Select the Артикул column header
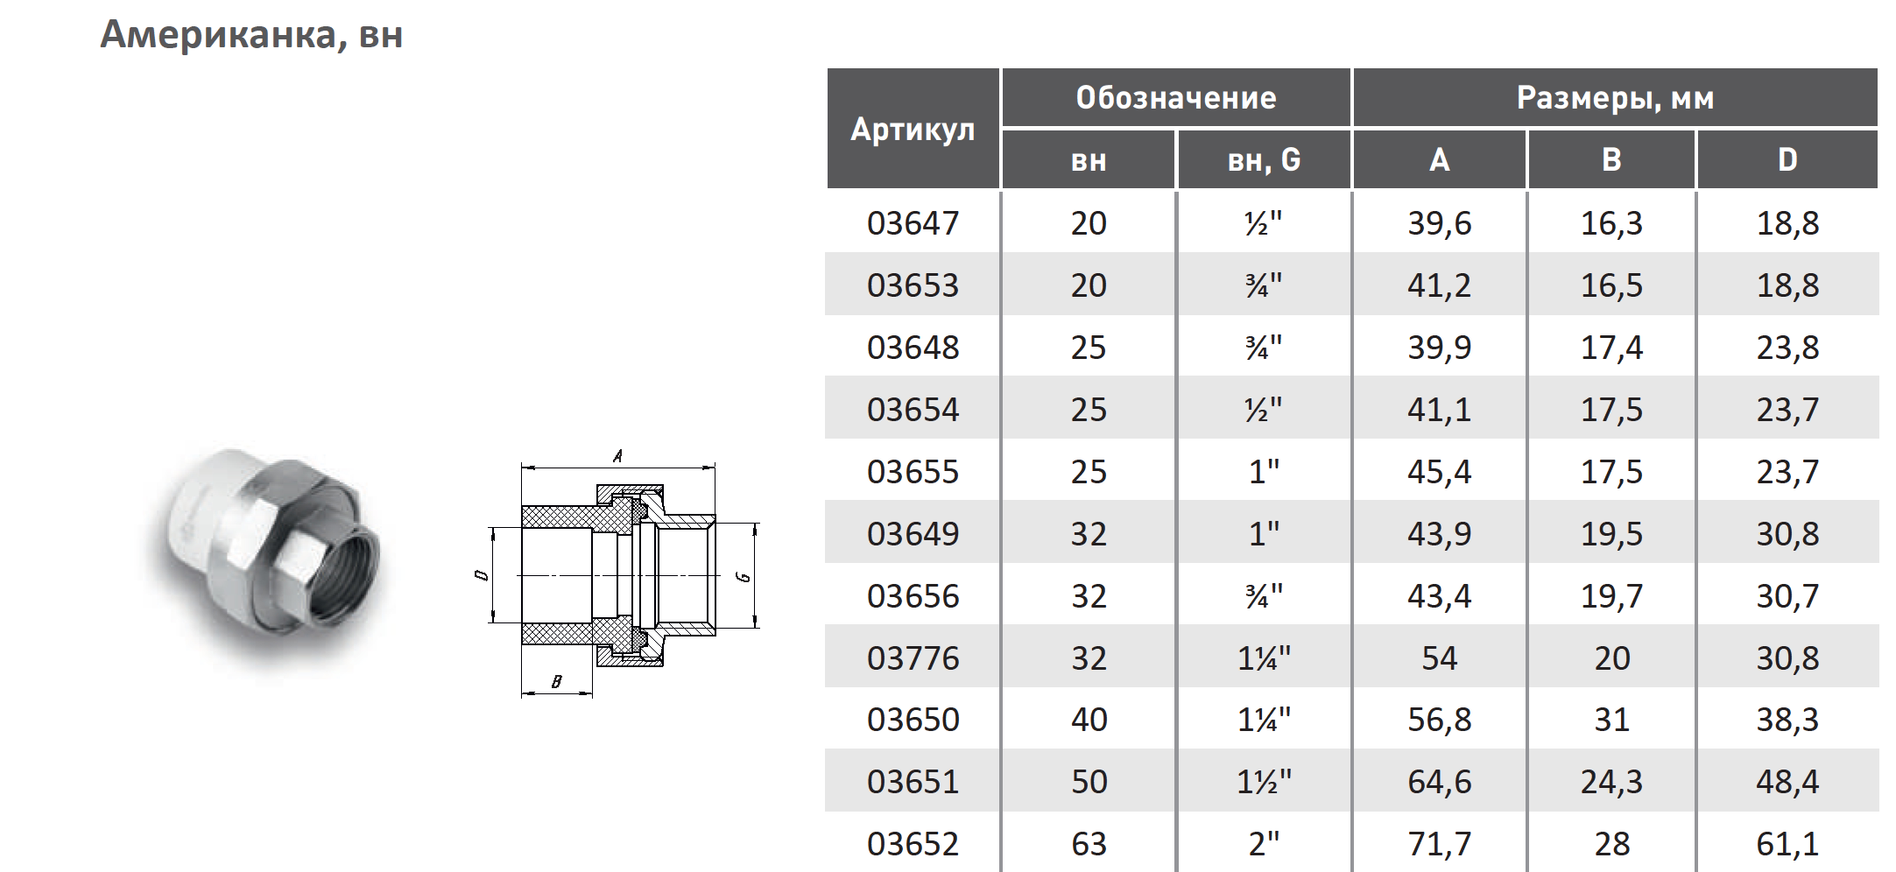[x=913, y=130]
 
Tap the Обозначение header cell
[x=1176, y=98]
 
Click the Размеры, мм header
[x=1615, y=98]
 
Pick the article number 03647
[x=913, y=223]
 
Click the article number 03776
[x=913, y=658]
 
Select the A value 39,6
[x=1439, y=223]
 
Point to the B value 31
[x=1611, y=720]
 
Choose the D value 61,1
[x=1787, y=844]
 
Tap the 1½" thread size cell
[x=1264, y=781]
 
